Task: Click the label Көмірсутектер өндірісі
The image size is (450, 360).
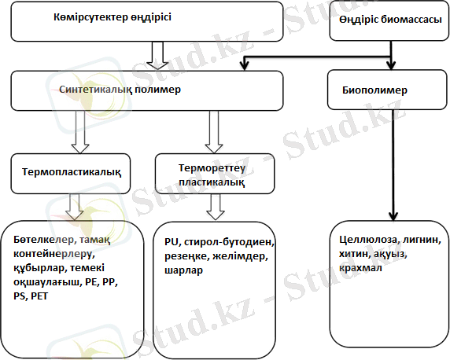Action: [112, 17]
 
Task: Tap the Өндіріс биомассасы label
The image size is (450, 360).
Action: [390, 20]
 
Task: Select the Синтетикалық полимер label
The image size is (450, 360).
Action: [120, 90]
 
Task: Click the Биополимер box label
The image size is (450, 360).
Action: [374, 90]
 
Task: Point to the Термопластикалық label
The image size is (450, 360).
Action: [72, 172]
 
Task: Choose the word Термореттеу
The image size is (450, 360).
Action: [212, 167]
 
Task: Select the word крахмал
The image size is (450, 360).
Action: [360, 268]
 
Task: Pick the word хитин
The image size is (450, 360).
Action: [353, 254]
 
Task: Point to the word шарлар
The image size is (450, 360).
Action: [183, 270]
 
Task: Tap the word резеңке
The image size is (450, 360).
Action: [186, 256]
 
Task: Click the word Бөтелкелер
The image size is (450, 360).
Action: [44, 240]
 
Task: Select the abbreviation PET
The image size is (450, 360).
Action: [39, 296]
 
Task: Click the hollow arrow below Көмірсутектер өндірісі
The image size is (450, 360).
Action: [157, 55]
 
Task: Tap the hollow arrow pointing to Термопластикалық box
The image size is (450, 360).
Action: [80, 132]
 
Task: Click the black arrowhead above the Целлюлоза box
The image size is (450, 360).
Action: [393, 216]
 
